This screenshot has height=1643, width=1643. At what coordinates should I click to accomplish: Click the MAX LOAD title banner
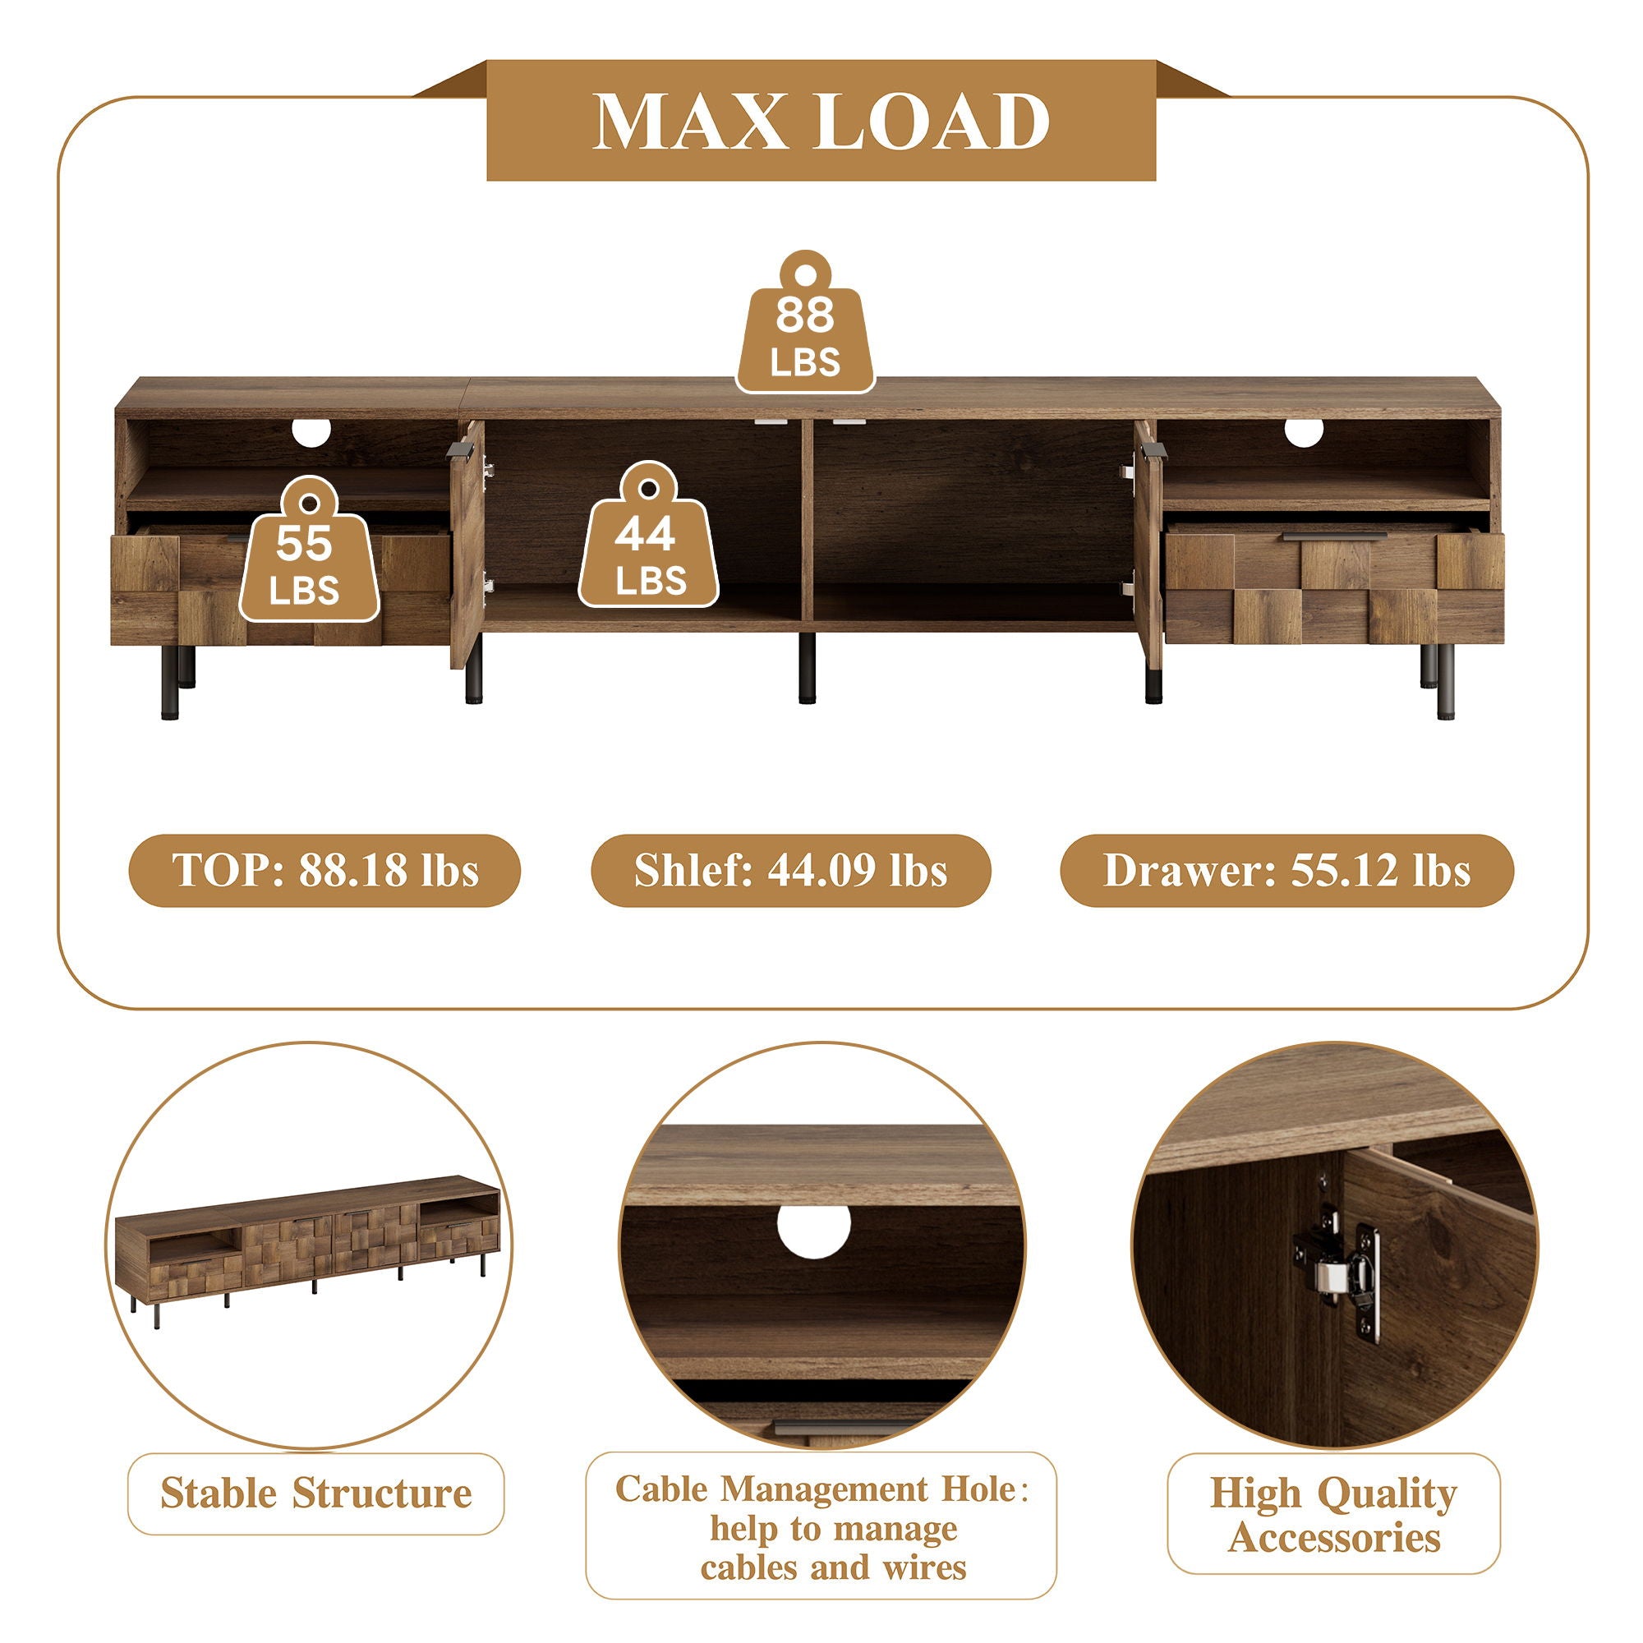click(821, 120)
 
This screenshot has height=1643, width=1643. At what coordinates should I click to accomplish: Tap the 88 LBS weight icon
click(805, 322)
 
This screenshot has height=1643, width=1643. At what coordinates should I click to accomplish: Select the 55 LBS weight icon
click(309, 550)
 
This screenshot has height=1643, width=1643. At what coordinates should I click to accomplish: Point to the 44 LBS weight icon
click(649, 535)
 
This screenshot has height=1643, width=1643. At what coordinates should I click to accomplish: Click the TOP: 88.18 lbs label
click(324, 871)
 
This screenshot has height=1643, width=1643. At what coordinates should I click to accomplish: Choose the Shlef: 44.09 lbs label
click(791, 871)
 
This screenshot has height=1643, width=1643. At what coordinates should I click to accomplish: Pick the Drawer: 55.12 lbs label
click(1286, 871)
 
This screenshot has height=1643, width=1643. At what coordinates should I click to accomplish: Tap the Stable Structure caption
click(315, 1494)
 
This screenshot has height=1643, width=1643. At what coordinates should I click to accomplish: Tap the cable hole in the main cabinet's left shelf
click(311, 432)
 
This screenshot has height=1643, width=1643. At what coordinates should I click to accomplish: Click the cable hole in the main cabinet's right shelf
click(1304, 432)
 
